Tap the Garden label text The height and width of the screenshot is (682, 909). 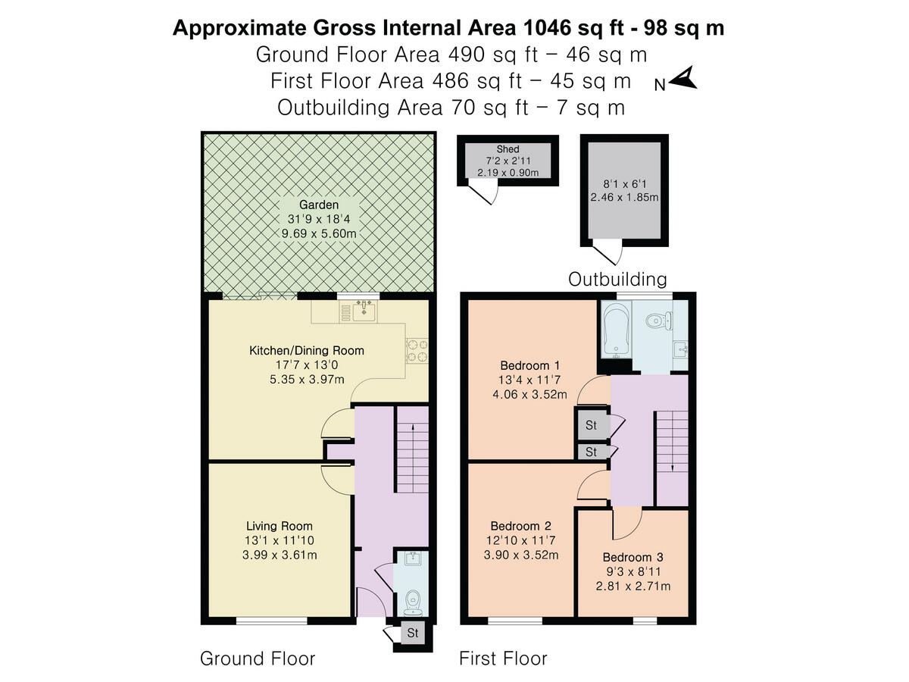(x=318, y=205)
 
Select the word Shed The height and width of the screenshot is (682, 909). (x=508, y=149)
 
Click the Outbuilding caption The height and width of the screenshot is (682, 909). (x=617, y=280)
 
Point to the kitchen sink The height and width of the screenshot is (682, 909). (x=365, y=309)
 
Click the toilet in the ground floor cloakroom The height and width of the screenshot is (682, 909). (x=413, y=600)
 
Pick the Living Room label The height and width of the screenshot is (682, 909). (x=279, y=526)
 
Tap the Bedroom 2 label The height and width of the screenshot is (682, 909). (x=520, y=526)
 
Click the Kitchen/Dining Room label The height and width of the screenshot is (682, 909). (x=307, y=351)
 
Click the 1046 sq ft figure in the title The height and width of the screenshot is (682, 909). (x=579, y=28)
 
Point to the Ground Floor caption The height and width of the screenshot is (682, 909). (x=257, y=659)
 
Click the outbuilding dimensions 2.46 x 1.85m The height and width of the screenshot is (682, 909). (x=624, y=198)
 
